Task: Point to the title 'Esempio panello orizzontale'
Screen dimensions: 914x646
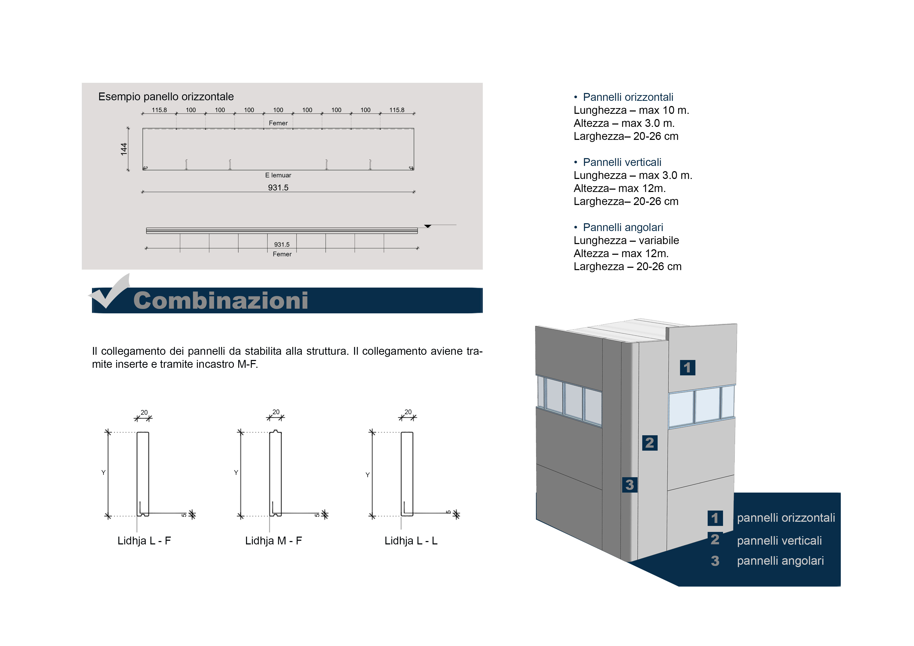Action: pos(166,97)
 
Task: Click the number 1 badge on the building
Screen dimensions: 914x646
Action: pos(688,367)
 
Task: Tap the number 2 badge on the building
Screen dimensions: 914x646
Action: pos(650,443)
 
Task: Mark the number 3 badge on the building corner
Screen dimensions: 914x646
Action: pos(629,485)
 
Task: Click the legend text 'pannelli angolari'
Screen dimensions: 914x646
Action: pos(780,561)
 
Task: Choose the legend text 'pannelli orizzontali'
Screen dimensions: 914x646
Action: pos(786,518)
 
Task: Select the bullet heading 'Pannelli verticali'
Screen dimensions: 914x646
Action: pos(622,162)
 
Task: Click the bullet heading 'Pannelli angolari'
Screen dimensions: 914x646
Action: pos(623,227)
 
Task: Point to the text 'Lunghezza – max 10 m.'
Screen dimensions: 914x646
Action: pos(631,110)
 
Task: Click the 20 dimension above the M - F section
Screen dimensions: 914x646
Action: pos(276,412)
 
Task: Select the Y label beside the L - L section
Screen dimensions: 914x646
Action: pos(367,475)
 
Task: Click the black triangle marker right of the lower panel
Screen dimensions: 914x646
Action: pos(428,226)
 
